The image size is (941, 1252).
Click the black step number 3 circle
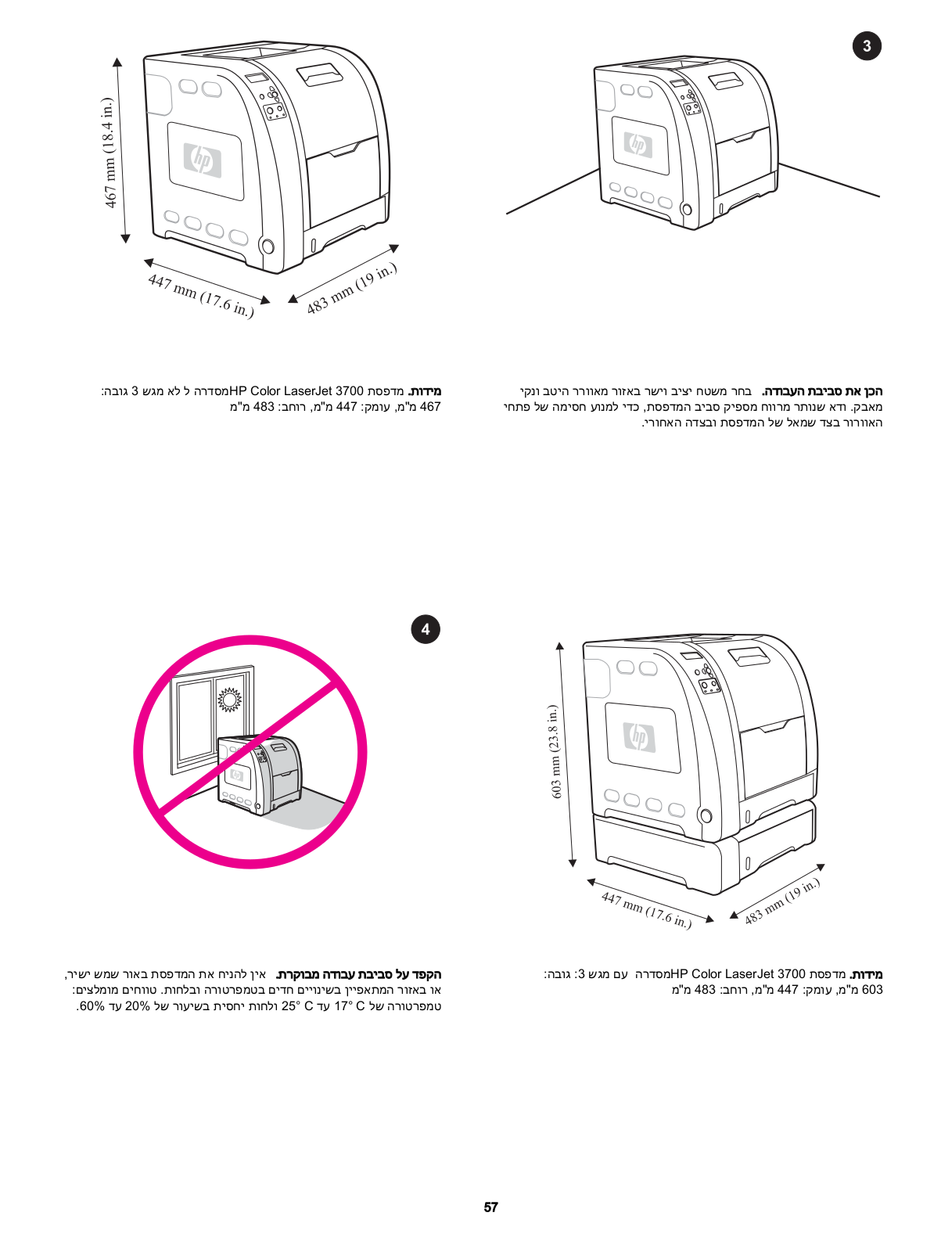(x=866, y=46)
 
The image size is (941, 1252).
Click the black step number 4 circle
(x=425, y=629)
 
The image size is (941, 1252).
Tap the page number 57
(x=490, y=1207)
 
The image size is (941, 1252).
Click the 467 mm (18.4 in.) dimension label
(x=110, y=153)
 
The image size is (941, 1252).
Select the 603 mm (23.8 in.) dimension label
(x=555, y=751)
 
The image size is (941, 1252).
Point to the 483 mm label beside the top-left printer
(x=352, y=289)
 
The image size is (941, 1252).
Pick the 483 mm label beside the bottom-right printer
(x=781, y=901)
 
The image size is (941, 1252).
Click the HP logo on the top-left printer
(x=202, y=160)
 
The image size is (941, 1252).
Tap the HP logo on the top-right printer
(x=638, y=144)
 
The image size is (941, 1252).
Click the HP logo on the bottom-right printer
(x=639, y=736)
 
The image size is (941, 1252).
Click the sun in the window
(x=230, y=699)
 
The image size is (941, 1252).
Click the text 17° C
(x=350, y=1006)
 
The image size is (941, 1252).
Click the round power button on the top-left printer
(x=268, y=246)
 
